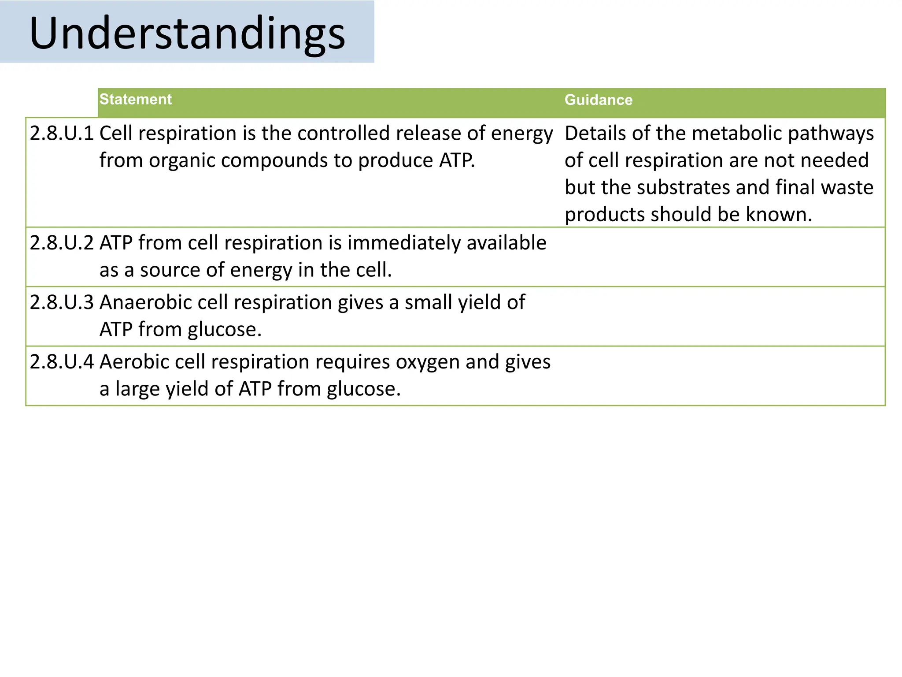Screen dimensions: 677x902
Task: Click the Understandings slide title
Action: (187, 33)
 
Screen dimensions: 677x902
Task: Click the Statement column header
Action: (135, 99)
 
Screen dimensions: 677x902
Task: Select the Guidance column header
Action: (598, 100)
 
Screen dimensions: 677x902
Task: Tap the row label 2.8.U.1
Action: (62, 133)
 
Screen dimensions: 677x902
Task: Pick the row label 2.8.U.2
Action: (62, 243)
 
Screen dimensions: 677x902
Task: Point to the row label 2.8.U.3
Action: (62, 302)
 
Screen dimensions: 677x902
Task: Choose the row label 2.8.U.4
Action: (62, 362)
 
